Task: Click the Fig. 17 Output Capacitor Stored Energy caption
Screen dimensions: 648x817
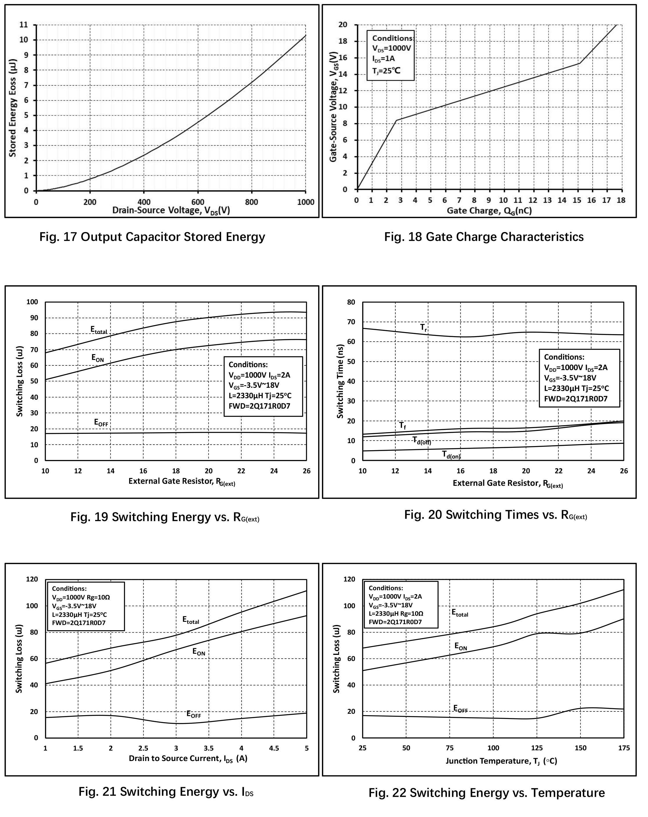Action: [x=152, y=237]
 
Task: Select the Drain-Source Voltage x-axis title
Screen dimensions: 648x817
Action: [x=171, y=211]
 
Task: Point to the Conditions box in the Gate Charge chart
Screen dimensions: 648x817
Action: [x=390, y=55]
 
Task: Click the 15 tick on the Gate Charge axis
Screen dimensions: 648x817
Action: [x=577, y=200]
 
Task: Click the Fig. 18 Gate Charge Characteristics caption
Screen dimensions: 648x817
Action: [x=484, y=237]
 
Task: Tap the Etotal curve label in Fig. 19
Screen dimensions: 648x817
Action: [x=99, y=330]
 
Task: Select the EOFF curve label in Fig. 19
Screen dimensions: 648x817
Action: [x=101, y=423]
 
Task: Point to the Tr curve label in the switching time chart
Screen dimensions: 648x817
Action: [x=424, y=327]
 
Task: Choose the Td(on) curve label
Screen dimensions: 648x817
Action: [x=451, y=454]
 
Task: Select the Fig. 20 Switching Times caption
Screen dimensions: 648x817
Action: [x=496, y=515]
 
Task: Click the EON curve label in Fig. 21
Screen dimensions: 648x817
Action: [x=199, y=652]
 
